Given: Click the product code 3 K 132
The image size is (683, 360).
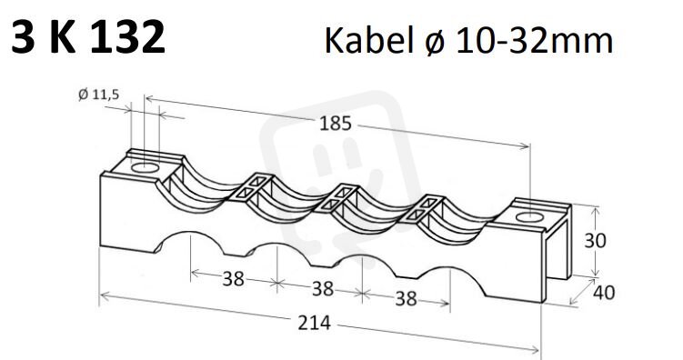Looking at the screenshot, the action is coord(88,37).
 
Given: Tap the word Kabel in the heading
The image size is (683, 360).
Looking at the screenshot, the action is coord(368,41).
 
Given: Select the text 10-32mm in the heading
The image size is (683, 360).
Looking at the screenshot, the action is coord(535,41).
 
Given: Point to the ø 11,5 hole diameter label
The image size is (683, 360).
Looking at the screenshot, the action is coord(98,94).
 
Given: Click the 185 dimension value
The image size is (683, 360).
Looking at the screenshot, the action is coord(335,124).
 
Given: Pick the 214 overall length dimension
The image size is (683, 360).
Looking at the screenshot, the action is coord(314,323).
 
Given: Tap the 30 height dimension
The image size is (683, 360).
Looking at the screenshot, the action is coord(595,240).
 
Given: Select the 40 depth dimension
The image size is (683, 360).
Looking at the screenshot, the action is coord(604,293).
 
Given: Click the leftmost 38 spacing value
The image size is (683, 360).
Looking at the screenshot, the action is coord(233,279).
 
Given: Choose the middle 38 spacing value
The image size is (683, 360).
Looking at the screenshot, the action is coord(323,289).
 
